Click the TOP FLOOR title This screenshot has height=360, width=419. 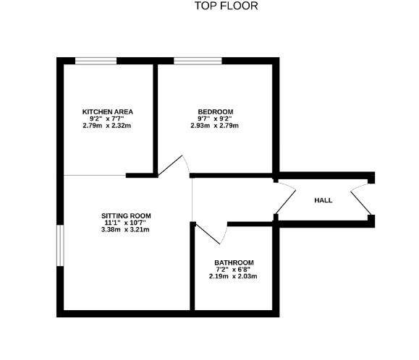coord(226,7)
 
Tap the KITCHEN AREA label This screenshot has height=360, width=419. coord(107,111)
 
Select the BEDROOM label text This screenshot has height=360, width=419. coord(215,111)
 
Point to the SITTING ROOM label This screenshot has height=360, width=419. coord(126,215)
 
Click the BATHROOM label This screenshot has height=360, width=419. coord(234,262)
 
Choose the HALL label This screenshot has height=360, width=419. coord(323,200)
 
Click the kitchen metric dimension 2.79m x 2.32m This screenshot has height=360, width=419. coord(107,126)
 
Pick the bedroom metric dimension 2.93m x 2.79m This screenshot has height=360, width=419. coord(215,126)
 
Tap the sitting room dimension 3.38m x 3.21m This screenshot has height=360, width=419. coord(126,230)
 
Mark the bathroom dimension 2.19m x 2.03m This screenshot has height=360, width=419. coord(234,276)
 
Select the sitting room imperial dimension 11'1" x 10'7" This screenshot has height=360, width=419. coord(126,223)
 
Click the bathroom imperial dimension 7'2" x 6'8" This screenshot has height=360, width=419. coord(234,269)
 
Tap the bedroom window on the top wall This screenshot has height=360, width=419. coord(197,61)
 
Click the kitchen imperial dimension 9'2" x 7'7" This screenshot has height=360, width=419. coord(107,119)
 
